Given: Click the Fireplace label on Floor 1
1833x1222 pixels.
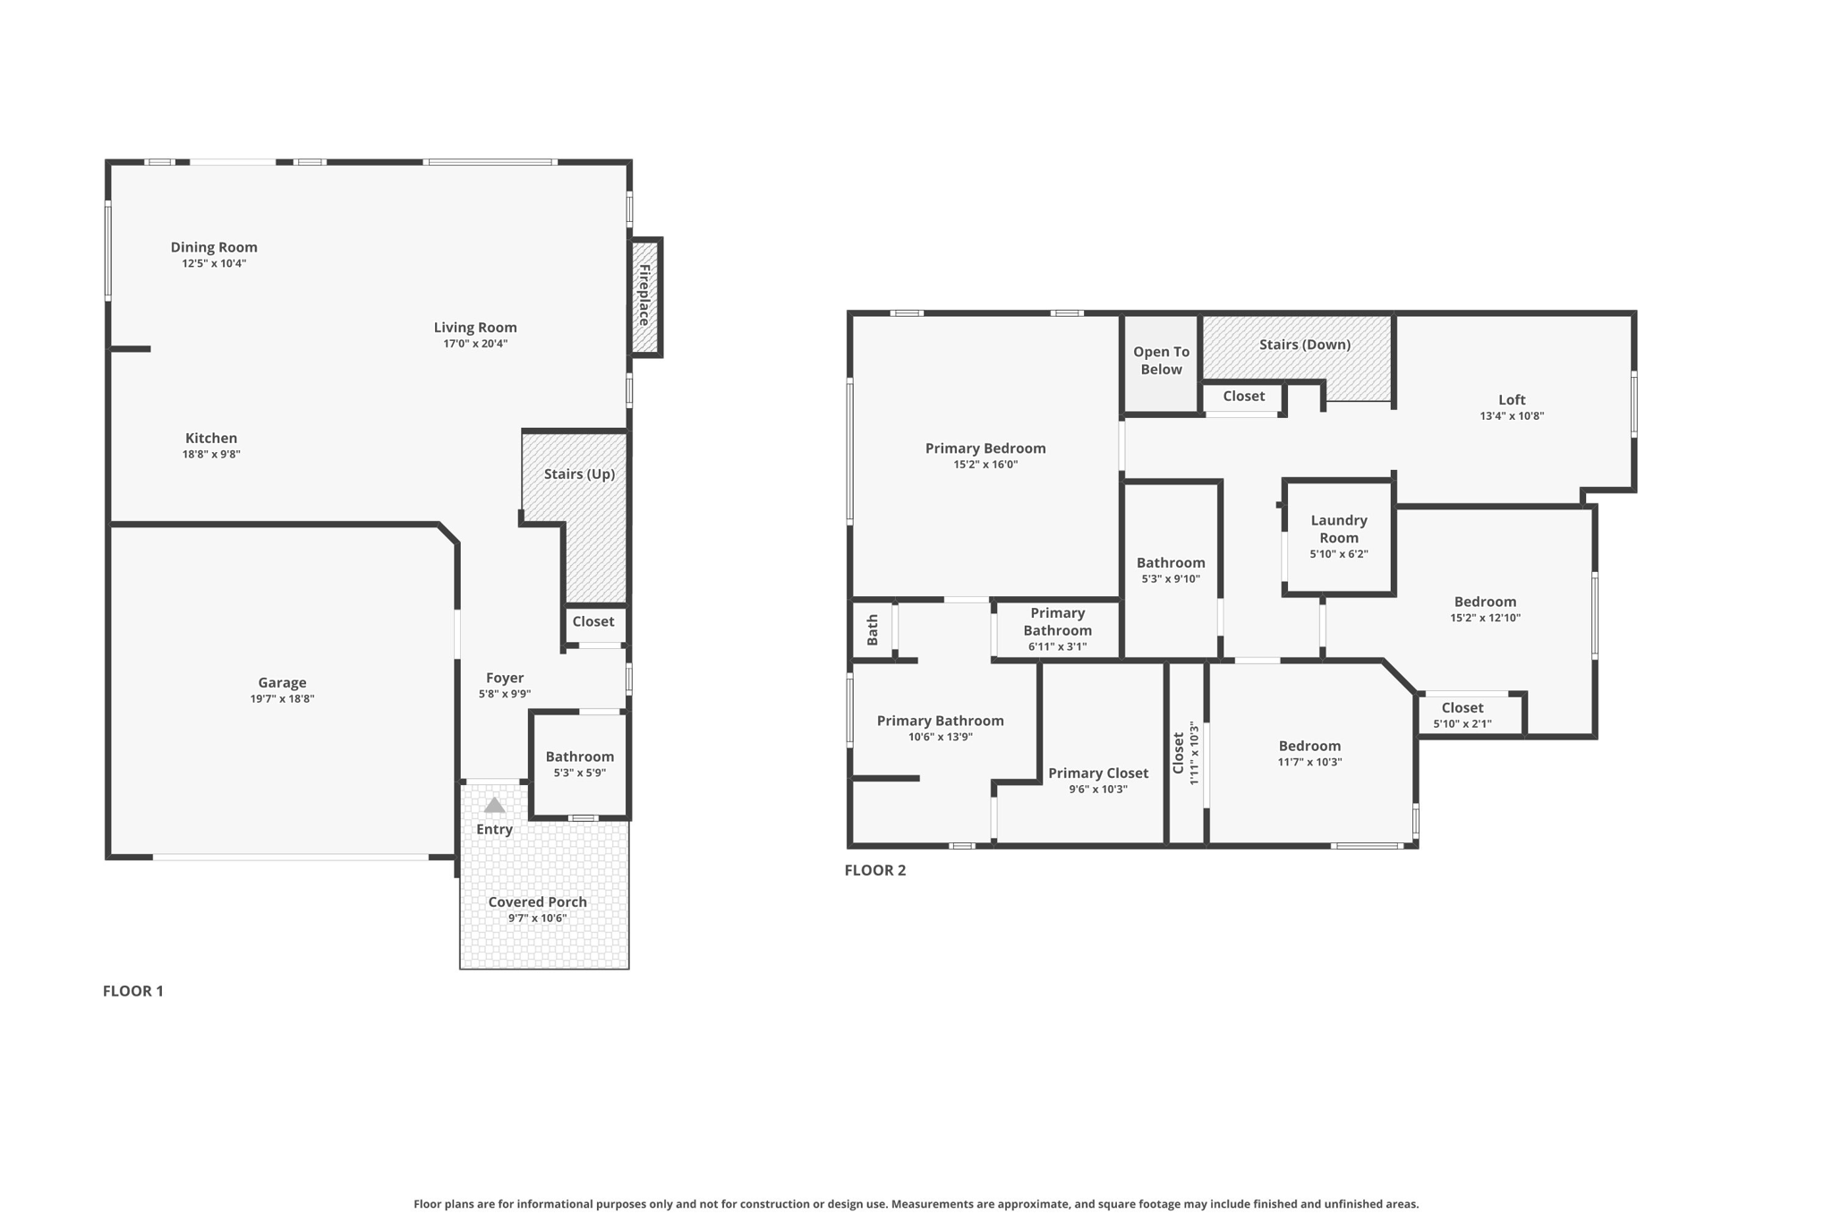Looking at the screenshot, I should click(x=644, y=295).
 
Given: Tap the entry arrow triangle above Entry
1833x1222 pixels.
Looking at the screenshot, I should click(x=494, y=806).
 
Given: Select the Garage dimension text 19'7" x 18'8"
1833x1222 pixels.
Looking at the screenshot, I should click(x=282, y=699).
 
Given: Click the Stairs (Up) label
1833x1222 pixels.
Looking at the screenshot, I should click(x=579, y=474).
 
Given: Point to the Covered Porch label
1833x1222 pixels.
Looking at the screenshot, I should click(x=537, y=902).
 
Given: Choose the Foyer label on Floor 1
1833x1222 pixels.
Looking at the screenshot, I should click(x=505, y=678).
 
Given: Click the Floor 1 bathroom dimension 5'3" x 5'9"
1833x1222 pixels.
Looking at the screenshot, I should click(x=579, y=773).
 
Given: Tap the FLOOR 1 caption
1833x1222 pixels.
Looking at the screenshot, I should click(x=133, y=991).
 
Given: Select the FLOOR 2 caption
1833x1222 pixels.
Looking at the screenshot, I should click(x=874, y=870).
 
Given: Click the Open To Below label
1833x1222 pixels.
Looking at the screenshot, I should click(x=1161, y=361).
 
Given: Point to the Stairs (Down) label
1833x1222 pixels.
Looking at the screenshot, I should click(x=1304, y=345).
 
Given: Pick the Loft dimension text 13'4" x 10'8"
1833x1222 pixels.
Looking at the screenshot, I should click(x=1512, y=416).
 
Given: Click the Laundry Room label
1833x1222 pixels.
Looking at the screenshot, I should click(x=1338, y=528).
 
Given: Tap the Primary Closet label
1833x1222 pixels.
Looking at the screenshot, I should click(x=1097, y=773).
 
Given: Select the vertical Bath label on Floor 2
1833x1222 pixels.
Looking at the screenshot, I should click(x=873, y=629).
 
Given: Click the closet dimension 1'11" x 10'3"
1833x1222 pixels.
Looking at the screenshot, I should click(x=1193, y=753).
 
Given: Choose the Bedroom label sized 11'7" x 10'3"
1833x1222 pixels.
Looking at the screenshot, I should click(x=1309, y=746).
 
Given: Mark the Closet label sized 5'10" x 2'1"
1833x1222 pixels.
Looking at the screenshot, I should click(x=1462, y=707).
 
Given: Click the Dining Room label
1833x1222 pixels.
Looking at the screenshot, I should click(x=214, y=247).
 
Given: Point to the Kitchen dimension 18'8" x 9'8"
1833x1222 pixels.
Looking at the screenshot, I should click(x=211, y=455).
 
